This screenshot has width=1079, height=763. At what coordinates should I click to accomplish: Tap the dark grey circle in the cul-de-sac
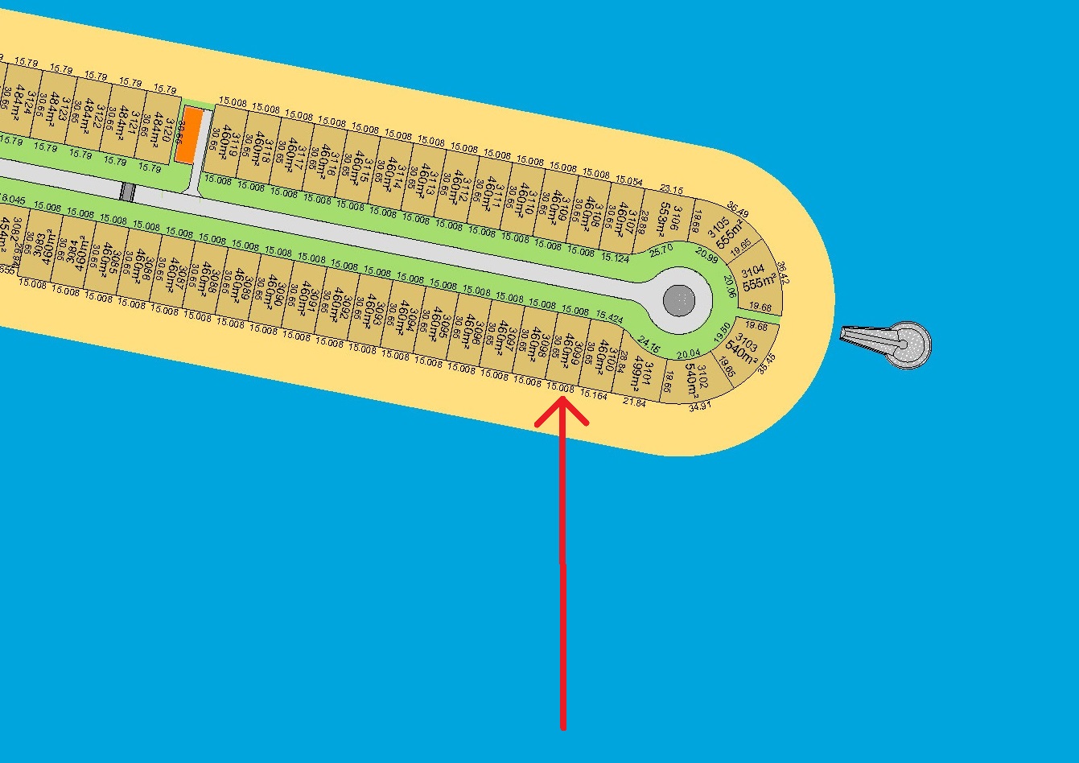click(678, 301)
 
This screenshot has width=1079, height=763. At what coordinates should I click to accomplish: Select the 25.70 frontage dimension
click(661, 250)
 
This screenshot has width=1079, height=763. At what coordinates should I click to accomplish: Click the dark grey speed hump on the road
click(126, 192)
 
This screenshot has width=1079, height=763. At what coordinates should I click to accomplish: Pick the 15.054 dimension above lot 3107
click(629, 181)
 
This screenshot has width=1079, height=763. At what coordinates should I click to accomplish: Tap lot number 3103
click(747, 343)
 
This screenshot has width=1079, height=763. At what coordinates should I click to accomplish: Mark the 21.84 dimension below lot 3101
click(634, 402)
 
